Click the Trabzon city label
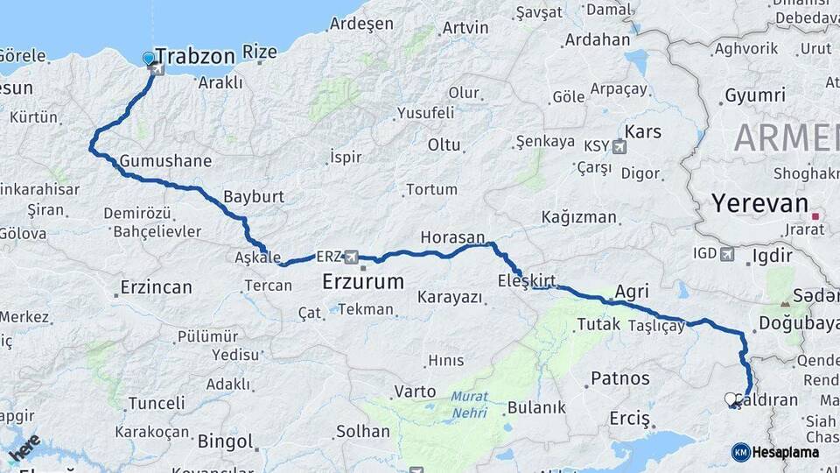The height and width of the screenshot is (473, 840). [x=195, y=57]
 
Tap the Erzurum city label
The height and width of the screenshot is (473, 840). [x=363, y=282]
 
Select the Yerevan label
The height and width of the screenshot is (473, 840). [x=759, y=204]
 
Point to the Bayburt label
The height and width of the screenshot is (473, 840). [x=254, y=197]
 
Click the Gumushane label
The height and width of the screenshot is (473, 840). [x=165, y=161]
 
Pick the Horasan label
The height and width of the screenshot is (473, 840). [x=452, y=237]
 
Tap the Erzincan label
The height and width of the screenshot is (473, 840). [x=156, y=287]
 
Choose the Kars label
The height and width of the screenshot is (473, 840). [x=643, y=132]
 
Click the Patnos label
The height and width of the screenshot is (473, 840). [x=620, y=378]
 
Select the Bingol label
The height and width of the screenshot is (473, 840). [x=225, y=441]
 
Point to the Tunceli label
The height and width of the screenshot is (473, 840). [x=157, y=404]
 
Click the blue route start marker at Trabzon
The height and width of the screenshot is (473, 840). [x=149, y=59]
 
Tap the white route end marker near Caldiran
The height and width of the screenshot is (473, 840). [x=731, y=399]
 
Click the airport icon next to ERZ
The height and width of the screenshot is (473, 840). [x=352, y=257]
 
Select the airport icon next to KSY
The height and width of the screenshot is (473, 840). [x=620, y=145]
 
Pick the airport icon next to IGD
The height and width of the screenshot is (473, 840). [x=727, y=254]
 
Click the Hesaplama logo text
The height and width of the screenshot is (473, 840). [x=785, y=453]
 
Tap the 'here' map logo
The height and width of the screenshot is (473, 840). [x=25, y=447]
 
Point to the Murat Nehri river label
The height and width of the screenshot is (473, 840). [x=470, y=403]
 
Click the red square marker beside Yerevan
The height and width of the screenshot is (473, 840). [x=816, y=216]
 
